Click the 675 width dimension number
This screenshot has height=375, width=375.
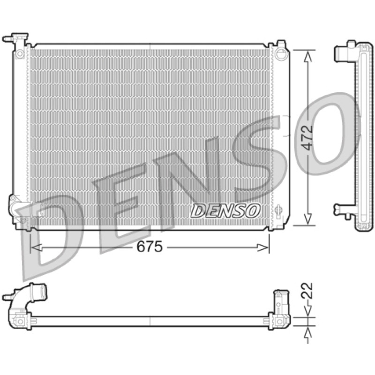click(x=150, y=247)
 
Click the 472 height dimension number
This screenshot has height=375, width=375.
click(x=307, y=137)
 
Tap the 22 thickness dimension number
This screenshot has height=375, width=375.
click(x=307, y=290)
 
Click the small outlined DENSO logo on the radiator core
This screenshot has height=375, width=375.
click(x=225, y=210)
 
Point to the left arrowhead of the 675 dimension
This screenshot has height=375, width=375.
click(x=37, y=247)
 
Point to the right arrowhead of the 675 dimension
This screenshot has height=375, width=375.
click(x=262, y=247)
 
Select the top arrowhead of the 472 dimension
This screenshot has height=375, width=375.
click(x=308, y=56)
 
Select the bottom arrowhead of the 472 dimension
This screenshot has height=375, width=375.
click(x=308, y=219)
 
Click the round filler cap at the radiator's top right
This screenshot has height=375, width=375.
click(x=280, y=53)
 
